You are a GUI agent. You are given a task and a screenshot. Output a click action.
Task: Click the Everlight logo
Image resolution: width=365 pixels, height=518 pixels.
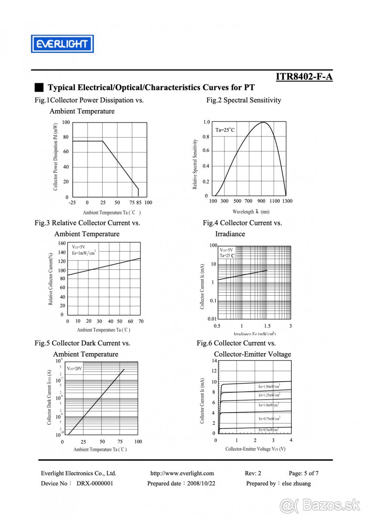pos(62,44)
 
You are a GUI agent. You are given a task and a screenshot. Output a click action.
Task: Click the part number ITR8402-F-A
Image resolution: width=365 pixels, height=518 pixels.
pos(304,77)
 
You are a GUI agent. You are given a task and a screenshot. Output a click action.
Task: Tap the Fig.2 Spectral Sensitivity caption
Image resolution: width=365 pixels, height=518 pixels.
pos(243,100)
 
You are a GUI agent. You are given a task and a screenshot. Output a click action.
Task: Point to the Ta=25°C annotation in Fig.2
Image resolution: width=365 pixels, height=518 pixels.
pos(225,129)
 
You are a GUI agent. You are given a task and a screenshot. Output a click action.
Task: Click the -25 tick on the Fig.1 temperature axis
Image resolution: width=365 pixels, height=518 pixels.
pos(72,202)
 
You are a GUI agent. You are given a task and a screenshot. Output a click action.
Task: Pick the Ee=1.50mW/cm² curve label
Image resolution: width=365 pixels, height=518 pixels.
pos(269,386)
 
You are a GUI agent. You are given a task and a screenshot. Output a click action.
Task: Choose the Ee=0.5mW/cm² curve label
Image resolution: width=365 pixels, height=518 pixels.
pos(268,430)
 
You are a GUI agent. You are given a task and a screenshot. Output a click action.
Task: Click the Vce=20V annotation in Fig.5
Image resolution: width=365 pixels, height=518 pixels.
pos(74,369)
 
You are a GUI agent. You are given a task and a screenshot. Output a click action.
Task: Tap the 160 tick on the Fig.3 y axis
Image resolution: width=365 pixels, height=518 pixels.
pos(61,243)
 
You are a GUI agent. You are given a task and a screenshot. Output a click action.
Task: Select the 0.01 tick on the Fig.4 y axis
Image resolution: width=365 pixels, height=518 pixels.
pos(212,319)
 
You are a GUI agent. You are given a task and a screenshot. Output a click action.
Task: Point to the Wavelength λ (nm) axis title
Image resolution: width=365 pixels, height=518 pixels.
pos(251,212)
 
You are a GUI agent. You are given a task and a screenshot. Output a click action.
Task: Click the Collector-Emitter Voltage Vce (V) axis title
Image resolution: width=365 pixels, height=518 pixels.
pos(255,449)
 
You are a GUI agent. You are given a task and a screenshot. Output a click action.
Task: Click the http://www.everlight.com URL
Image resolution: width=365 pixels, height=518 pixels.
pos(182,473)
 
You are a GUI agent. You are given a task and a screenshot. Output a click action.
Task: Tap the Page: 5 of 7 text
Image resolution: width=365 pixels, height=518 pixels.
pos(303,473)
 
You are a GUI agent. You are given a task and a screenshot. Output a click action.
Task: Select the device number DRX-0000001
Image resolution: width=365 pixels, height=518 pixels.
pos(95,483)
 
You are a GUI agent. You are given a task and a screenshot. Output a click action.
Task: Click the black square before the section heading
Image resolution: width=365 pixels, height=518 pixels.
pos(39,88)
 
